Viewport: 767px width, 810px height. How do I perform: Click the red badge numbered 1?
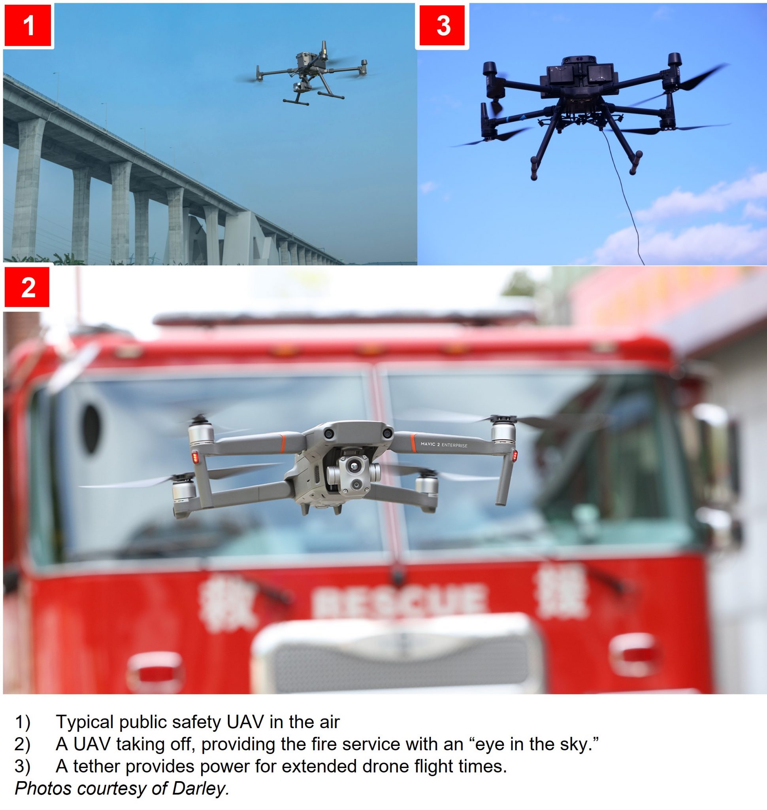pyautogui.click(x=28, y=25)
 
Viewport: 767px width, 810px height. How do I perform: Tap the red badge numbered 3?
pyautogui.click(x=443, y=25)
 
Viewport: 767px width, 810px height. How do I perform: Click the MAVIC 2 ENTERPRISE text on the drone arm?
pyautogui.click(x=444, y=445)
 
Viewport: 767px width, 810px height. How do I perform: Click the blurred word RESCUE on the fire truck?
pyautogui.click(x=399, y=602)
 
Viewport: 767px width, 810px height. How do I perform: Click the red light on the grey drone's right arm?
pyautogui.click(x=515, y=455)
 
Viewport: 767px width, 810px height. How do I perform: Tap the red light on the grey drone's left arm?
pyautogui.click(x=195, y=457)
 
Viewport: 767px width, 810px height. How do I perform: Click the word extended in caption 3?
pyautogui.click(x=319, y=766)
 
